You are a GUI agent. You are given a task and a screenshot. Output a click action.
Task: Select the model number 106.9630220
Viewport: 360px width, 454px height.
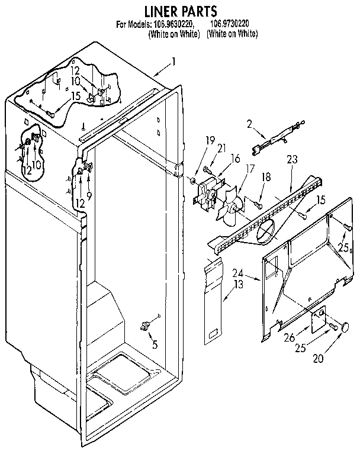(x=174, y=24)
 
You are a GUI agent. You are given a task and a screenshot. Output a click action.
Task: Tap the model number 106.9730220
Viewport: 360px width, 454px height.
(x=232, y=24)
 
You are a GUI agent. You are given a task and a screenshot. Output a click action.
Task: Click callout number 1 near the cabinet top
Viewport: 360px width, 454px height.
(x=173, y=60)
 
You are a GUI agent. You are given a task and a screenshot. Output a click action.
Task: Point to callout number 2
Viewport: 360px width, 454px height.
(x=250, y=124)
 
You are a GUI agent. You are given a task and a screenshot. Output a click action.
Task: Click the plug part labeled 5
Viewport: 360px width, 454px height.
(x=144, y=325)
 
